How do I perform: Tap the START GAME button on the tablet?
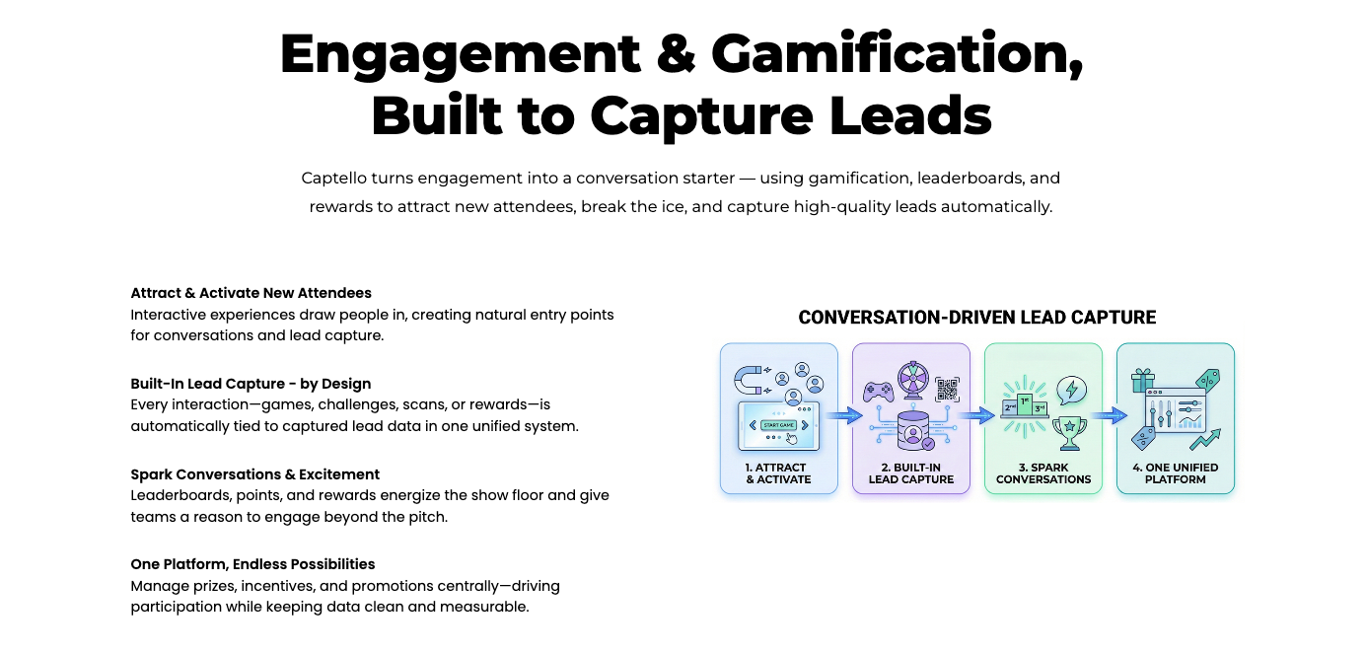(778, 425)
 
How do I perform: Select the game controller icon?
(878, 392)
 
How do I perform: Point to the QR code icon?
(947, 389)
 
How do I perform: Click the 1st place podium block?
(1026, 404)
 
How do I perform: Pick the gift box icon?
(1143, 380)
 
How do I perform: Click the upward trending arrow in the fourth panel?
(1205, 439)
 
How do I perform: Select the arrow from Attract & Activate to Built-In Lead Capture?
(844, 416)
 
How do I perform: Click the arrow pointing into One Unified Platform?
(1109, 416)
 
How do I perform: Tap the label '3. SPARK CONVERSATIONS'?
(1043, 473)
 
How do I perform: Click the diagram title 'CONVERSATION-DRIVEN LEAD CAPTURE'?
(976, 318)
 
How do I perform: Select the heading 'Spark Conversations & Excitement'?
(254, 474)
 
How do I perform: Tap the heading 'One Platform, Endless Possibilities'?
(252, 564)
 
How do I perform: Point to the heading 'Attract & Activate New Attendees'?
(251, 293)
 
